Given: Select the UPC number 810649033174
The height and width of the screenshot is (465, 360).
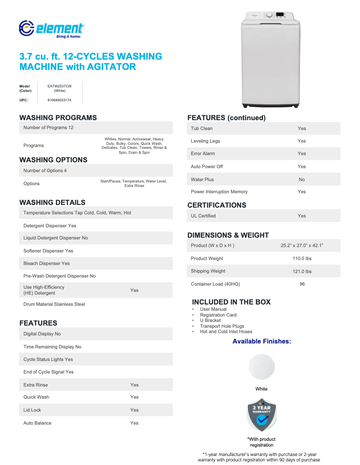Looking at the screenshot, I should [59, 100].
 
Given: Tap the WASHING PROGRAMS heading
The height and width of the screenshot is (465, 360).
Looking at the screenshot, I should [58, 117].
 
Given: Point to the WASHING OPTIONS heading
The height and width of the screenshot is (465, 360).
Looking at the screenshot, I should [53, 160].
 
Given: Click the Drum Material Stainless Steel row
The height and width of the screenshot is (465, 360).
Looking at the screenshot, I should [54, 304].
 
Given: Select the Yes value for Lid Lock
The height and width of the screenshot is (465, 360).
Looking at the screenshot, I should [134, 410].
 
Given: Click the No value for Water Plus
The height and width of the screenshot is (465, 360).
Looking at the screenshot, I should [302, 179].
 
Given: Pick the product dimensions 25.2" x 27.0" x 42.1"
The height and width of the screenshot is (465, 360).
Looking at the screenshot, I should [302, 246].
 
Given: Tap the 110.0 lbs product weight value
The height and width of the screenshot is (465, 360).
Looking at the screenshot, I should [302, 258].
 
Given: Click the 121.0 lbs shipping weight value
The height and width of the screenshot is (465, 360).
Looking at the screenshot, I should [302, 271].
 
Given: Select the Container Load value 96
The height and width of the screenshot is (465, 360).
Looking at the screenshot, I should [302, 284].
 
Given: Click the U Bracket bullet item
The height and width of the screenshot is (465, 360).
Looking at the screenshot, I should [210, 321].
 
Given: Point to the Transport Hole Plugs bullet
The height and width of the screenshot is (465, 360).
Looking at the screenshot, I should [222, 326].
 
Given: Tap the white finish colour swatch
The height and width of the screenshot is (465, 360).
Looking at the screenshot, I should [262, 367].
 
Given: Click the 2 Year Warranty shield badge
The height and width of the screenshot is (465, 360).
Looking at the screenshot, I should [262, 415].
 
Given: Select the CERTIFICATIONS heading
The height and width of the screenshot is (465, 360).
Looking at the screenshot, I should [216, 205].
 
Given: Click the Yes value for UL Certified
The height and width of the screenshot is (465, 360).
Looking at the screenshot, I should [302, 216].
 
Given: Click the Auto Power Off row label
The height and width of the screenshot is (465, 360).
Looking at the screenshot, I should [206, 166].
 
